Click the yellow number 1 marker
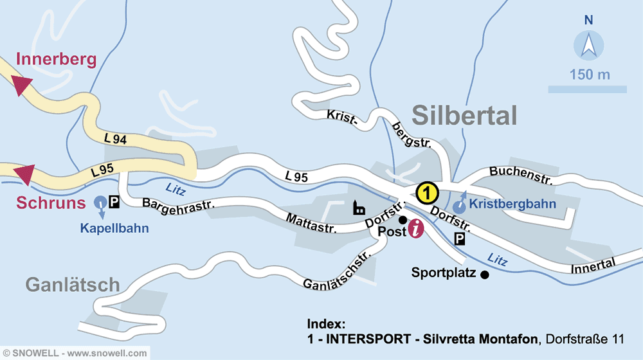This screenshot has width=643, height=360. tap(427, 192)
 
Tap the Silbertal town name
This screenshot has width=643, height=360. tap(464, 116)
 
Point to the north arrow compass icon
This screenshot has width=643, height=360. tap(588, 46)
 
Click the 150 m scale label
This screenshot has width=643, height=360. tap(589, 75)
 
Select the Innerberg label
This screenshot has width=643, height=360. tap(56, 60)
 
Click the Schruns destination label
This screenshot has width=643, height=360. tap(51, 203)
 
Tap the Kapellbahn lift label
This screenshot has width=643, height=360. tap(114, 228)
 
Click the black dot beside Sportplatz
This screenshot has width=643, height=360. tap(484, 274)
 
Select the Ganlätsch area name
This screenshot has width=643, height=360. tap(73, 284)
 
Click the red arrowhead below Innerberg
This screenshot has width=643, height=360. tap(22, 85)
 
